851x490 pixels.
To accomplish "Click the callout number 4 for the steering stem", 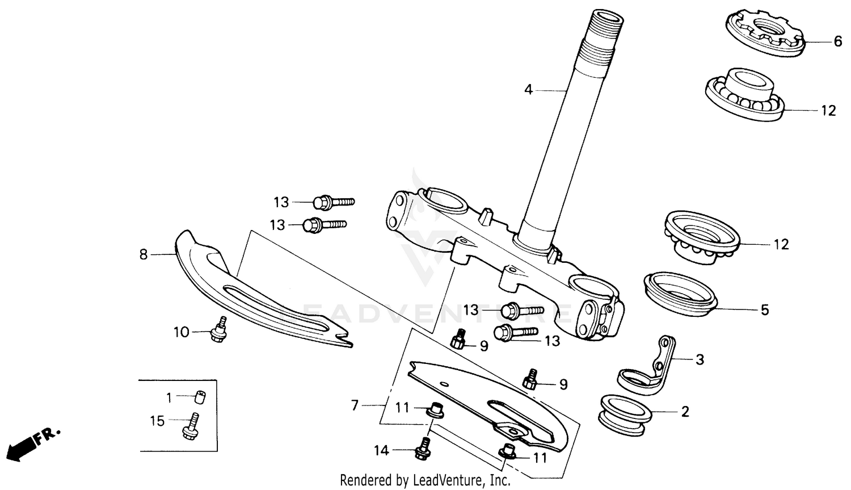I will (528, 90).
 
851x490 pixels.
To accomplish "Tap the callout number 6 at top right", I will (837, 41).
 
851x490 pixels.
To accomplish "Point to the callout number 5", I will (765, 310).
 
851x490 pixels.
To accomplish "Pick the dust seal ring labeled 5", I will (680, 292).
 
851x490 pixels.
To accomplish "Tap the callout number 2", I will (685, 412).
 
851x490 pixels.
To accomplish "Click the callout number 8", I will (144, 255).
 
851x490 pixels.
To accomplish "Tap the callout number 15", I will (157, 421).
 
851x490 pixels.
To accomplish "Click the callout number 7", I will (355, 405).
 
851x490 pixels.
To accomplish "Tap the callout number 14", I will (381, 451).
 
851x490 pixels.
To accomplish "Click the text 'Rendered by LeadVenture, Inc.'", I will (425, 480).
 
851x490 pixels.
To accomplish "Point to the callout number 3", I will (700, 359).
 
